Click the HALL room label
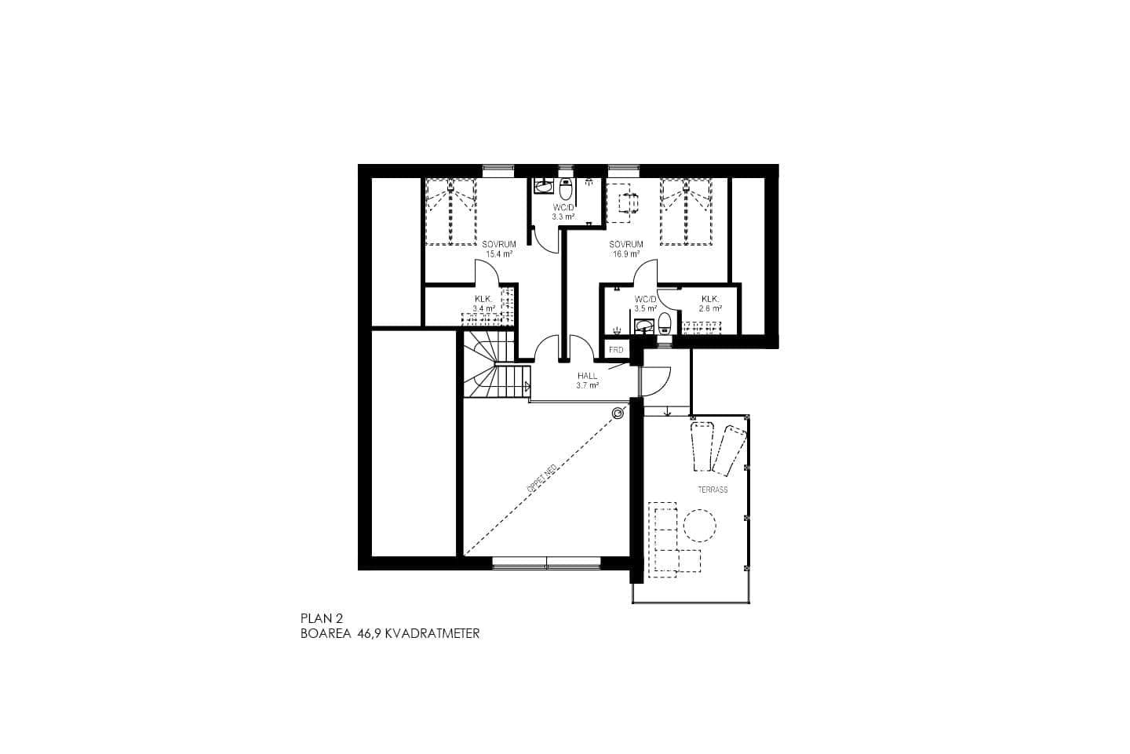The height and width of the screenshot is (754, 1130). (587, 376)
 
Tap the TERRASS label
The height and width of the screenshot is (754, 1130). (713, 490)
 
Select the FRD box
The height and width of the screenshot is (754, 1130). (616, 350)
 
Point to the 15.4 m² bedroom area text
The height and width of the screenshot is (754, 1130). (499, 254)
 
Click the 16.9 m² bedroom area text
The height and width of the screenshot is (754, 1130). (626, 254)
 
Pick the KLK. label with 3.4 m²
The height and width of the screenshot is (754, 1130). (483, 299)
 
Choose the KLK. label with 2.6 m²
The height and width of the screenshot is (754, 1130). (710, 299)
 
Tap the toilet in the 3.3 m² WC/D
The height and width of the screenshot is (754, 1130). (566, 188)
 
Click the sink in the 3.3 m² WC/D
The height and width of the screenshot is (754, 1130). (542, 186)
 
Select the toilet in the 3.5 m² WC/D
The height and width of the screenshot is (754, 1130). (665, 323)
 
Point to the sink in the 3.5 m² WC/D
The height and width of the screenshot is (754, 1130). (645, 326)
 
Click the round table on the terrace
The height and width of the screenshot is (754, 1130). (700, 524)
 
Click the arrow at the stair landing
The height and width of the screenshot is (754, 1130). (527, 386)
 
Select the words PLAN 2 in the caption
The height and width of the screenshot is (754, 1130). (322, 618)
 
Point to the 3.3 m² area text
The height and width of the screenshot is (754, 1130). (563, 216)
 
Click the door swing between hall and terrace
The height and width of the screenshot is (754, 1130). (656, 381)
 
